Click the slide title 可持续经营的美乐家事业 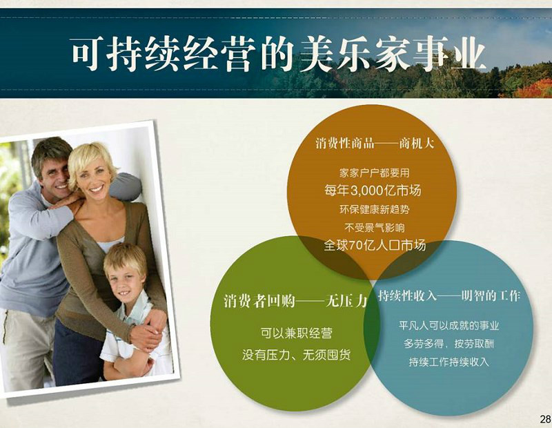click(x=279, y=54)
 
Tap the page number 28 click(x=545, y=419)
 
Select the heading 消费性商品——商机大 click(x=375, y=144)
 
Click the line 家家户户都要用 click(x=374, y=173)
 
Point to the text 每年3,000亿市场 click(x=373, y=191)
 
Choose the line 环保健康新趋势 click(x=375, y=210)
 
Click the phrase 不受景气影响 click(x=375, y=228)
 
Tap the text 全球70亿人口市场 click(x=375, y=245)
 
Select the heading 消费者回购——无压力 click(x=295, y=301)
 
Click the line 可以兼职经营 click(x=297, y=333)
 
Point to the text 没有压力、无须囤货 click(x=297, y=355)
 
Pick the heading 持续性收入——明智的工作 click(x=449, y=296)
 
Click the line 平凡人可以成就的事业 click(x=449, y=325)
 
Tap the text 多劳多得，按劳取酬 click(x=449, y=344)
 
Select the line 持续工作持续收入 click(x=449, y=362)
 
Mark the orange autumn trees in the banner click(x=531, y=89)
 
